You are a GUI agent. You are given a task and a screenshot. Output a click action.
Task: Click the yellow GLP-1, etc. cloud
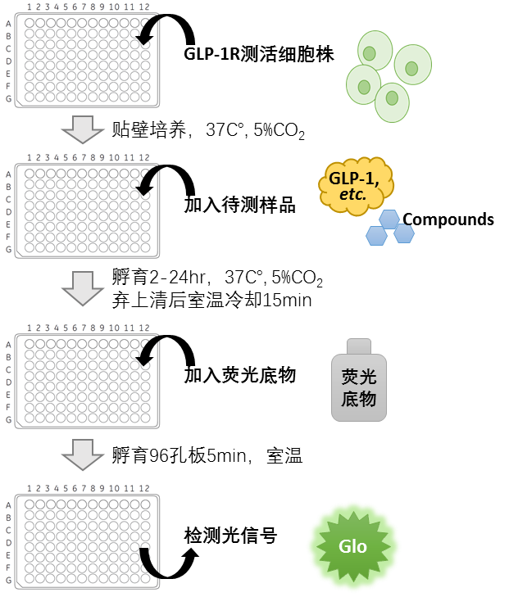pos(355,185)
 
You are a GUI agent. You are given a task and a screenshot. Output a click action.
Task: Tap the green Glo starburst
pos(354,546)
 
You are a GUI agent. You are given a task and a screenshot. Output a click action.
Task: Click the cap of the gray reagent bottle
pos(359,346)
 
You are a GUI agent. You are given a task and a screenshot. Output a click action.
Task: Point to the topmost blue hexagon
pos(389,219)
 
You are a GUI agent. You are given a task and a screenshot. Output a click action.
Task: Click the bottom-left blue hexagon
pos(376,236)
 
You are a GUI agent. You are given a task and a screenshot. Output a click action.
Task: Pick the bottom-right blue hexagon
pos(404,233)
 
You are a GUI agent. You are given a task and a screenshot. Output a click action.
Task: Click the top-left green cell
pos(375,50)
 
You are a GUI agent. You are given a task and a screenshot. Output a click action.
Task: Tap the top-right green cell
pos(412,65)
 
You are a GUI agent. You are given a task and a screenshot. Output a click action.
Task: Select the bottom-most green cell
pos(392,102)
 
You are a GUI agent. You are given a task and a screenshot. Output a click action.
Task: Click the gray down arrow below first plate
pos(83,129)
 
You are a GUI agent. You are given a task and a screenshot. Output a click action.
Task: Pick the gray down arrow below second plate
pos(83,288)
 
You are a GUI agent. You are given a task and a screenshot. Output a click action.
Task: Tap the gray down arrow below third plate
pos(83,455)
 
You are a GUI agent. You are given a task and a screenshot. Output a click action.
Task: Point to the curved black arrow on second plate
pos(149,181)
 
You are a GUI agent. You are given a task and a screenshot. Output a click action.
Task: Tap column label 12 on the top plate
pos(144,7)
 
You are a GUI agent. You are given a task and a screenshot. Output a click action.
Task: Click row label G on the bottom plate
pos(8,580)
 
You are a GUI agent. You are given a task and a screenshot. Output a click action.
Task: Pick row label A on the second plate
pos(8,174)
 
